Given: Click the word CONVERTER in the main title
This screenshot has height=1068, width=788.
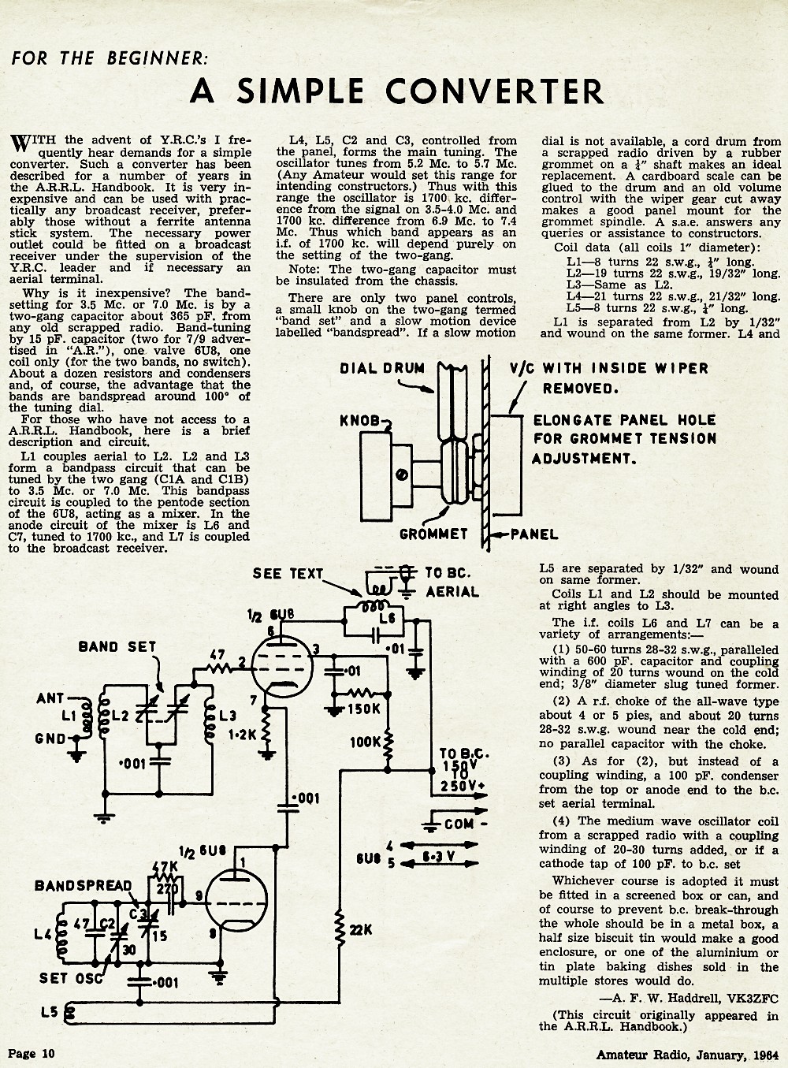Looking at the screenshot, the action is coord(494,91).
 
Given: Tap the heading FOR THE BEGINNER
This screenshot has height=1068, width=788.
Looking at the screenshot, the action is coord(110,58).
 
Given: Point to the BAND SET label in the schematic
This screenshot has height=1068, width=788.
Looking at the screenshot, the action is coord(117,646).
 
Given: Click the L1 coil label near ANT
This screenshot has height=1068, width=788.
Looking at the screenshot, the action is coord(69,716).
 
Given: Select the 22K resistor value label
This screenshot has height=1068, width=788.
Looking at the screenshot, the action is coord(361,930).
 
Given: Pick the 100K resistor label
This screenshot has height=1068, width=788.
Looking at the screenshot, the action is coord(365,742).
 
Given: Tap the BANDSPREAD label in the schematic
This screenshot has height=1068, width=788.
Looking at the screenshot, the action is coord(84,885).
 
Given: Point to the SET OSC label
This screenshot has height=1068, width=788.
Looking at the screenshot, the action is coord(71,978).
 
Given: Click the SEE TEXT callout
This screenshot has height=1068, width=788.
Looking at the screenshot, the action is coord(288,574).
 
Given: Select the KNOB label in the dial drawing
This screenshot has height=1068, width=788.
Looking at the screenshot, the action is coord(359,421).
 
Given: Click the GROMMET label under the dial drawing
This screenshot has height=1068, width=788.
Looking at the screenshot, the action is coord(433,534).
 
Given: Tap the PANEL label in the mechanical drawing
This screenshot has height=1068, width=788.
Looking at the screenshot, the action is coord(533,534).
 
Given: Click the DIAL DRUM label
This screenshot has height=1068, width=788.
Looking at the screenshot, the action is coord(382,368).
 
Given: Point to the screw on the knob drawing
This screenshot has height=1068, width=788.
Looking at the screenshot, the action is coord(401,474).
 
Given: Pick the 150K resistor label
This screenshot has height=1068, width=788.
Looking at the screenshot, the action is coord(363,709).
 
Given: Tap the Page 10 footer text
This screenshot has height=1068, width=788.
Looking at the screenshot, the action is coord(32,1053).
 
